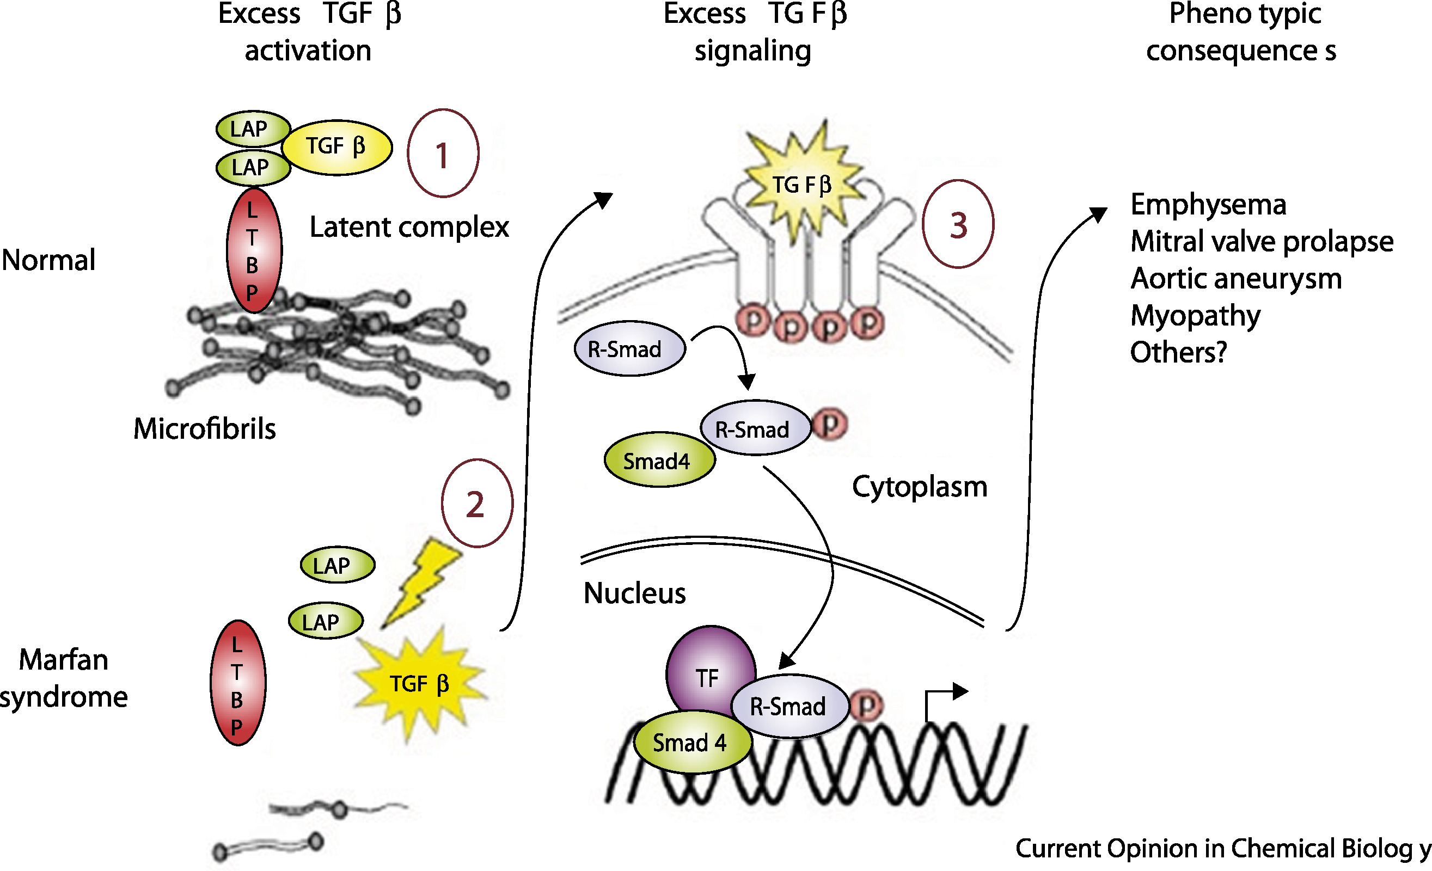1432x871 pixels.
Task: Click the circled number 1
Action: (443, 154)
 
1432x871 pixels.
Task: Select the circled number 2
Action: (476, 503)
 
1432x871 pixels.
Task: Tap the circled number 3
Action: (958, 224)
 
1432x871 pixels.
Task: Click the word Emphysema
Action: (1208, 205)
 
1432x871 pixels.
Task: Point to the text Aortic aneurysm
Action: (1235, 278)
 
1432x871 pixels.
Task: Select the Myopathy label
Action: (1195, 316)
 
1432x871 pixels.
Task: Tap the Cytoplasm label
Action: (920, 486)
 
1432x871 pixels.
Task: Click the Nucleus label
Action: (634, 593)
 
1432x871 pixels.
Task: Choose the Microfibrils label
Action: (204, 429)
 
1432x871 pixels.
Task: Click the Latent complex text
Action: (408, 226)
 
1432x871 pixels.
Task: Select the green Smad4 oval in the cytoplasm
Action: (659, 460)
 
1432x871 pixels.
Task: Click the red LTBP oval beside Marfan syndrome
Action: (238, 683)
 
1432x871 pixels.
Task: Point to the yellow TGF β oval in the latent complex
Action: (337, 147)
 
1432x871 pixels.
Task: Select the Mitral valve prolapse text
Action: (1261, 241)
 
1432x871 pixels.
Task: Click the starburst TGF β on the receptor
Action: (801, 185)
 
